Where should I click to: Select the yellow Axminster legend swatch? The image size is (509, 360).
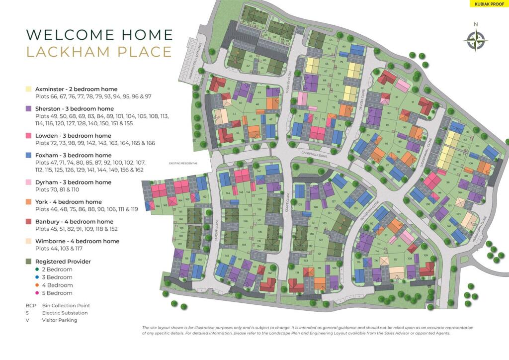click(28, 89)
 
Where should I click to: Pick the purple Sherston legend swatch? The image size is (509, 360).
click(28, 108)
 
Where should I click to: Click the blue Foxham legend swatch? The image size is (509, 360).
click(28, 155)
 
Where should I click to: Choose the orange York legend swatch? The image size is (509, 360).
click(28, 202)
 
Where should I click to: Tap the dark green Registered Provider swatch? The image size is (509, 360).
click(28, 261)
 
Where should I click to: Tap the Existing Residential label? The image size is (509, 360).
click(183, 163)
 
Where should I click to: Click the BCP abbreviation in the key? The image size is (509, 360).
click(31, 305)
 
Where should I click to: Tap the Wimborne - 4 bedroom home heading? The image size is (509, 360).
click(77, 241)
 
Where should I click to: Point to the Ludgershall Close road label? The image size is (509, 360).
click(429, 147)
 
